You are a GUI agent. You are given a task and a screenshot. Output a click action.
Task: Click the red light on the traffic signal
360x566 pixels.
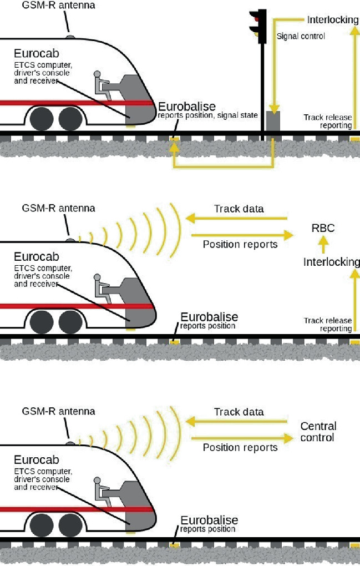tap(256, 16)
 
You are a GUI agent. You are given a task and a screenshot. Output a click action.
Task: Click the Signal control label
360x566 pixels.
tap(301, 37)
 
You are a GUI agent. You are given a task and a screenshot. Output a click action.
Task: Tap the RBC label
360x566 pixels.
tap(323, 228)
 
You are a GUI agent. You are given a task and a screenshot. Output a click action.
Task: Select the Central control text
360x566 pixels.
tap(318, 432)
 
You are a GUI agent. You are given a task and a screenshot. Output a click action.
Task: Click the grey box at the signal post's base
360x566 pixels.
tap(273, 121)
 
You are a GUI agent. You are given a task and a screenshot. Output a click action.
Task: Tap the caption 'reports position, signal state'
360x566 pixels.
tap(207, 115)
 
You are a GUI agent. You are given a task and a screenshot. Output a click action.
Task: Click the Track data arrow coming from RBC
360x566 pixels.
tap(238, 219)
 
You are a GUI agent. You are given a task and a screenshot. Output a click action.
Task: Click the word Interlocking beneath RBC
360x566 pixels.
tap(331, 261)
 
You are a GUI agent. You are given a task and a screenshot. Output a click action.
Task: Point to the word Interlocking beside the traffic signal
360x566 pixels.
tap(333, 20)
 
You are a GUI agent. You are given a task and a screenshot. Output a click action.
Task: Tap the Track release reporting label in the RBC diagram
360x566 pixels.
tap(328, 325)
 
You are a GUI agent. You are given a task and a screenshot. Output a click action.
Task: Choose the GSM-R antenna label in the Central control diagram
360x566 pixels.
tap(58, 411)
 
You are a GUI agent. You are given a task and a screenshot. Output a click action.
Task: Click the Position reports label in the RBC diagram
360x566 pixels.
tap(240, 244)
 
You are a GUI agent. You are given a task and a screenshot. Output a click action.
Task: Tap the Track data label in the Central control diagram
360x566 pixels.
tap(239, 412)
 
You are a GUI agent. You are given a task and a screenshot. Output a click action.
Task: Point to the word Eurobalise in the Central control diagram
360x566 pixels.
tap(209, 520)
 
